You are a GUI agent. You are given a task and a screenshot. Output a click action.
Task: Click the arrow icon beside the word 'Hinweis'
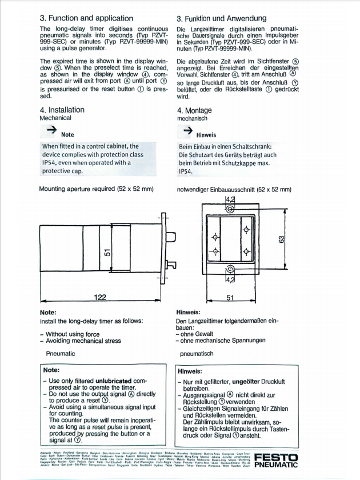(x=187, y=131)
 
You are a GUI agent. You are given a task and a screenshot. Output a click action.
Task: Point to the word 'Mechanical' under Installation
(x=55, y=118)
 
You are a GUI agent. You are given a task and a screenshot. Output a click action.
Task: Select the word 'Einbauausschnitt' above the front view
(x=240, y=189)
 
